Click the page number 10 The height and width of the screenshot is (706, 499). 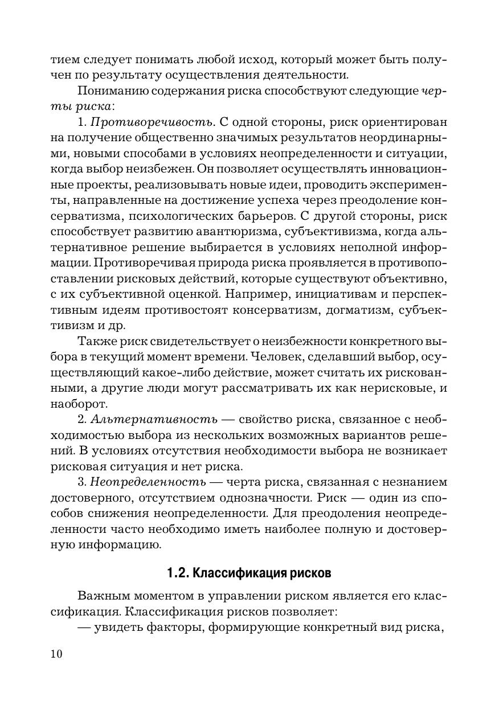click(x=56, y=654)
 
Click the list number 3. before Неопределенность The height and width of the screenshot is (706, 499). click(x=81, y=482)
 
